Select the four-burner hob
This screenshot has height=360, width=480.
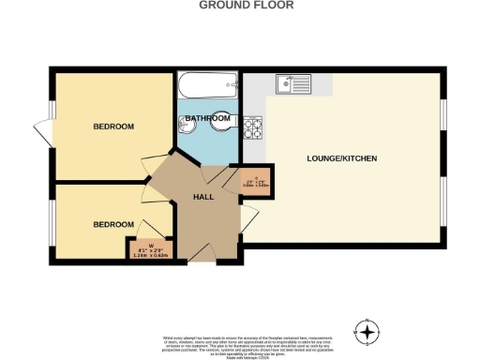(x=252, y=127)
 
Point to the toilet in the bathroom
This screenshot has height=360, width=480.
(x=221, y=118)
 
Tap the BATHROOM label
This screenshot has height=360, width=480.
(x=207, y=118)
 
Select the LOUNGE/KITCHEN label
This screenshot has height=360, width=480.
(x=342, y=158)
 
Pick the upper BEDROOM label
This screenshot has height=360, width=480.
(x=112, y=127)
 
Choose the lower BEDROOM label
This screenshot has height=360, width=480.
(x=112, y=224)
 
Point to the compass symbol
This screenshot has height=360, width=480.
(x=367, y=330)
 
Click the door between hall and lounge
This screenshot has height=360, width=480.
(x=248, y=221)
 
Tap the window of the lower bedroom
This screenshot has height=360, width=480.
(x=51, y=219)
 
